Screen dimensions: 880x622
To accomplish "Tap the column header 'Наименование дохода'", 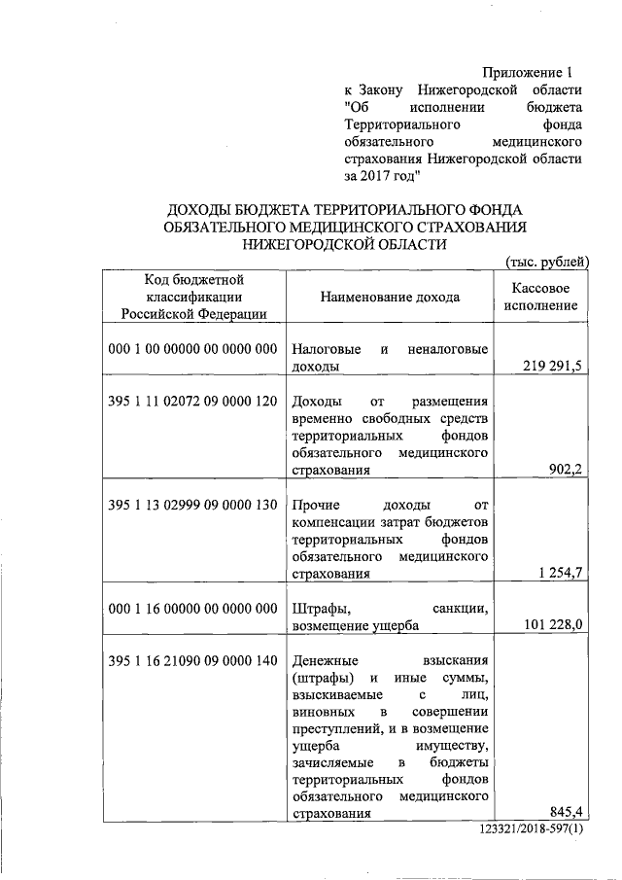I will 390,297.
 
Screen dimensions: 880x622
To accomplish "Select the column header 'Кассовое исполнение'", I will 541,297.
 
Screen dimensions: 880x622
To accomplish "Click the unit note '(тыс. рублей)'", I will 547,261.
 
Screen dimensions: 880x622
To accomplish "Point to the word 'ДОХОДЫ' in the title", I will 200,209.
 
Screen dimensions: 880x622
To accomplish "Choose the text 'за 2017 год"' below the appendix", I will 381,177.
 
